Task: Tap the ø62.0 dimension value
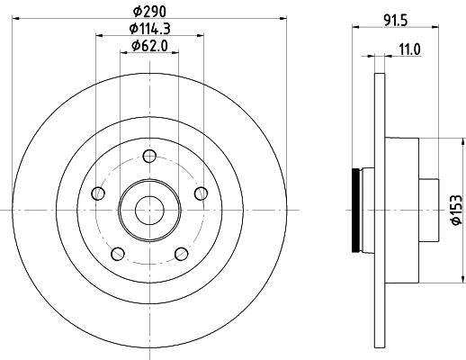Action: [x=149, y=46]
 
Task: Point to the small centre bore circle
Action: [x=149, y=209]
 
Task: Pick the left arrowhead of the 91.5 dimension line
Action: [x=354, y=30]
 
